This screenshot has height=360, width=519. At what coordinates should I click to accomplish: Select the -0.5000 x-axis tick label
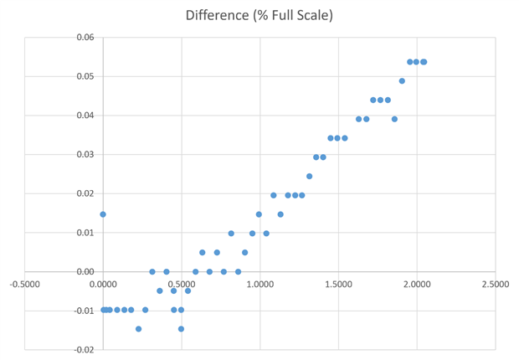24,284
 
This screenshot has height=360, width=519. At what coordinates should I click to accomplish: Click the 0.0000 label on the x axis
103,284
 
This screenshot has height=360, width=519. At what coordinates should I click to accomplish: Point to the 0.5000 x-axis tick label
182,284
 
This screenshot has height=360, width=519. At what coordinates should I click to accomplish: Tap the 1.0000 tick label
259,284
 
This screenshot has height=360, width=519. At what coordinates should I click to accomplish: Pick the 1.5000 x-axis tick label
338,284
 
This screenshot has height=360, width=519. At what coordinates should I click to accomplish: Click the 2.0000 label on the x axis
417,284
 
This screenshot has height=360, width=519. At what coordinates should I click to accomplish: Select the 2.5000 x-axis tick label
495,284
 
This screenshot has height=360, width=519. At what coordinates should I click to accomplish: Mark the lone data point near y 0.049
402,81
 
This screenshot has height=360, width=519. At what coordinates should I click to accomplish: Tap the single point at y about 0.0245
309,177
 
